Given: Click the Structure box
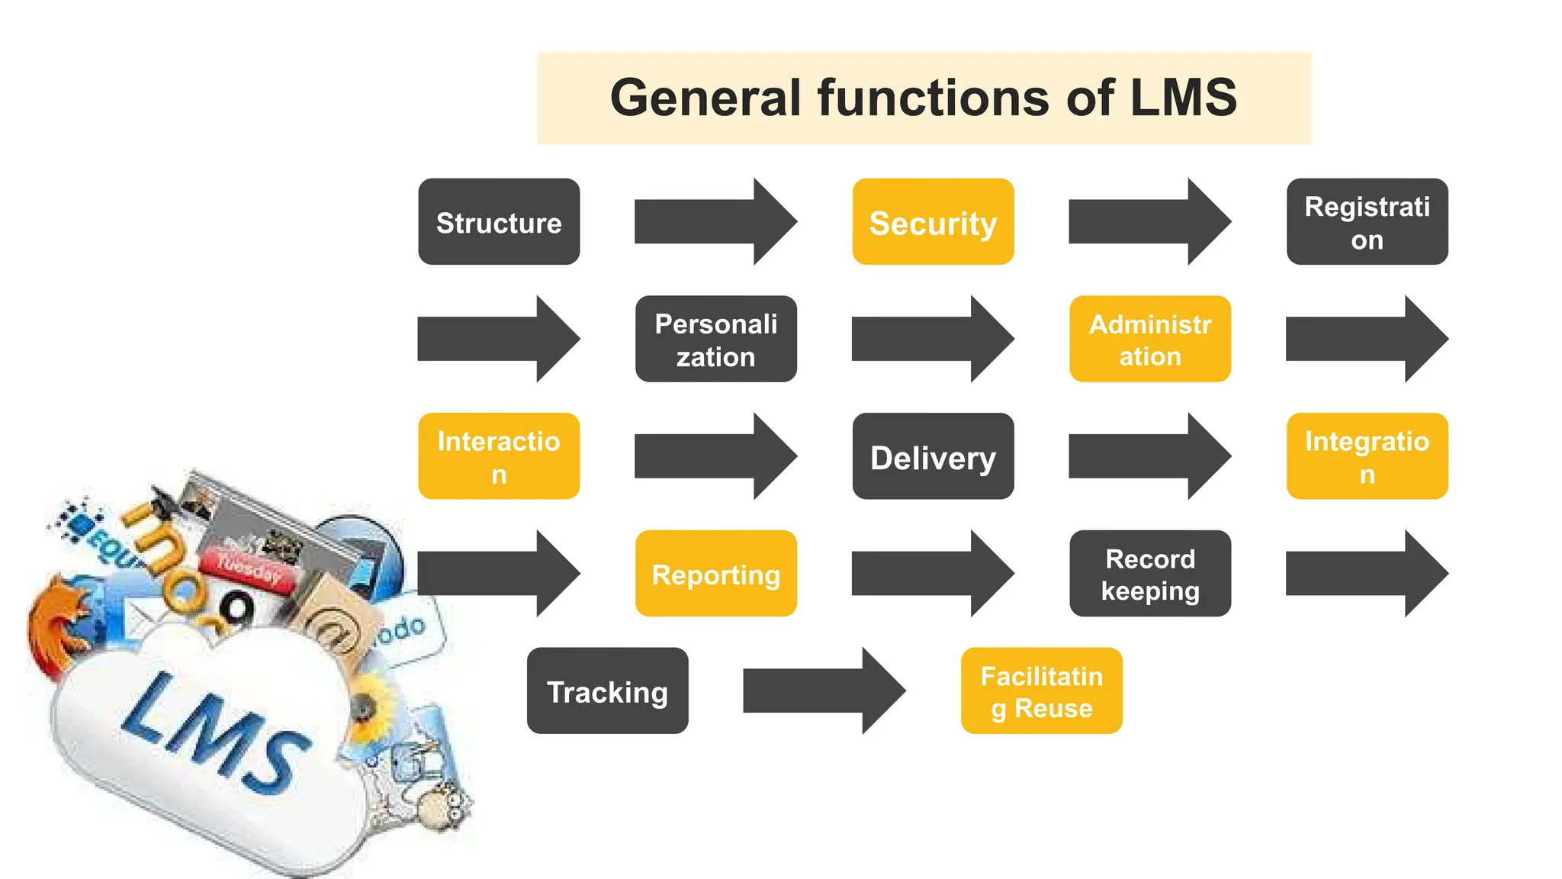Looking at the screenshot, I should [499, 222].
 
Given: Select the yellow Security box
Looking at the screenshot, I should [933, 222].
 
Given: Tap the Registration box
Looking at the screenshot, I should [1367, 222].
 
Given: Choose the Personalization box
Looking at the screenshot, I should [715, 340].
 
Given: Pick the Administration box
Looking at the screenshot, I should [1149, 340].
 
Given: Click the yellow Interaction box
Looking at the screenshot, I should [499, 456].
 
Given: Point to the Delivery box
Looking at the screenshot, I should [933, 456].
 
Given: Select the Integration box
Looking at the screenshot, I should [1367, 456].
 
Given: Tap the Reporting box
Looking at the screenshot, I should [715, 574].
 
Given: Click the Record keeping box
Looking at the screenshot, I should [1149, 574].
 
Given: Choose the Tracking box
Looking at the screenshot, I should [607, 691].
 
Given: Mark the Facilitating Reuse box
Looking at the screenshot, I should [1041, 691].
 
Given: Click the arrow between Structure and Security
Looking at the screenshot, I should [715, 222].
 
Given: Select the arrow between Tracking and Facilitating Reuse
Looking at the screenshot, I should [824, 691].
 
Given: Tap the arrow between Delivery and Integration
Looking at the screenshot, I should [1149, 456].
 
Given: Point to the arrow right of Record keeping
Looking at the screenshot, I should [1367, 574].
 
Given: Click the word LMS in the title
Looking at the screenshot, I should [1183, 98].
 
